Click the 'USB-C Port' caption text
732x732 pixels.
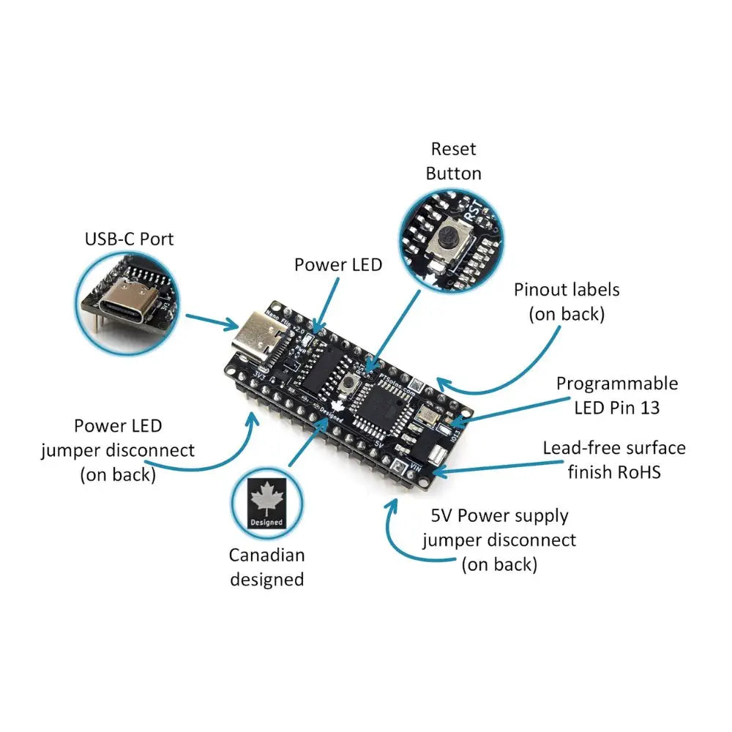[130, 239]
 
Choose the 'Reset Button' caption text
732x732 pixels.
[454, 161]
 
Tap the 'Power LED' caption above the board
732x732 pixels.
[338, 264]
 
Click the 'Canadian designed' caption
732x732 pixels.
[266, 567]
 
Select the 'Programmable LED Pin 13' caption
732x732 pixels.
[616, 395]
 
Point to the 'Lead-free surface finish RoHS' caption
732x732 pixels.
[614, 459]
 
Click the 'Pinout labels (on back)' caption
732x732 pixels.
[567, 301]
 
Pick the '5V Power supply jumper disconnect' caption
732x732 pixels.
[499, 539]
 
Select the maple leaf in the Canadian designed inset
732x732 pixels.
[266, 501]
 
